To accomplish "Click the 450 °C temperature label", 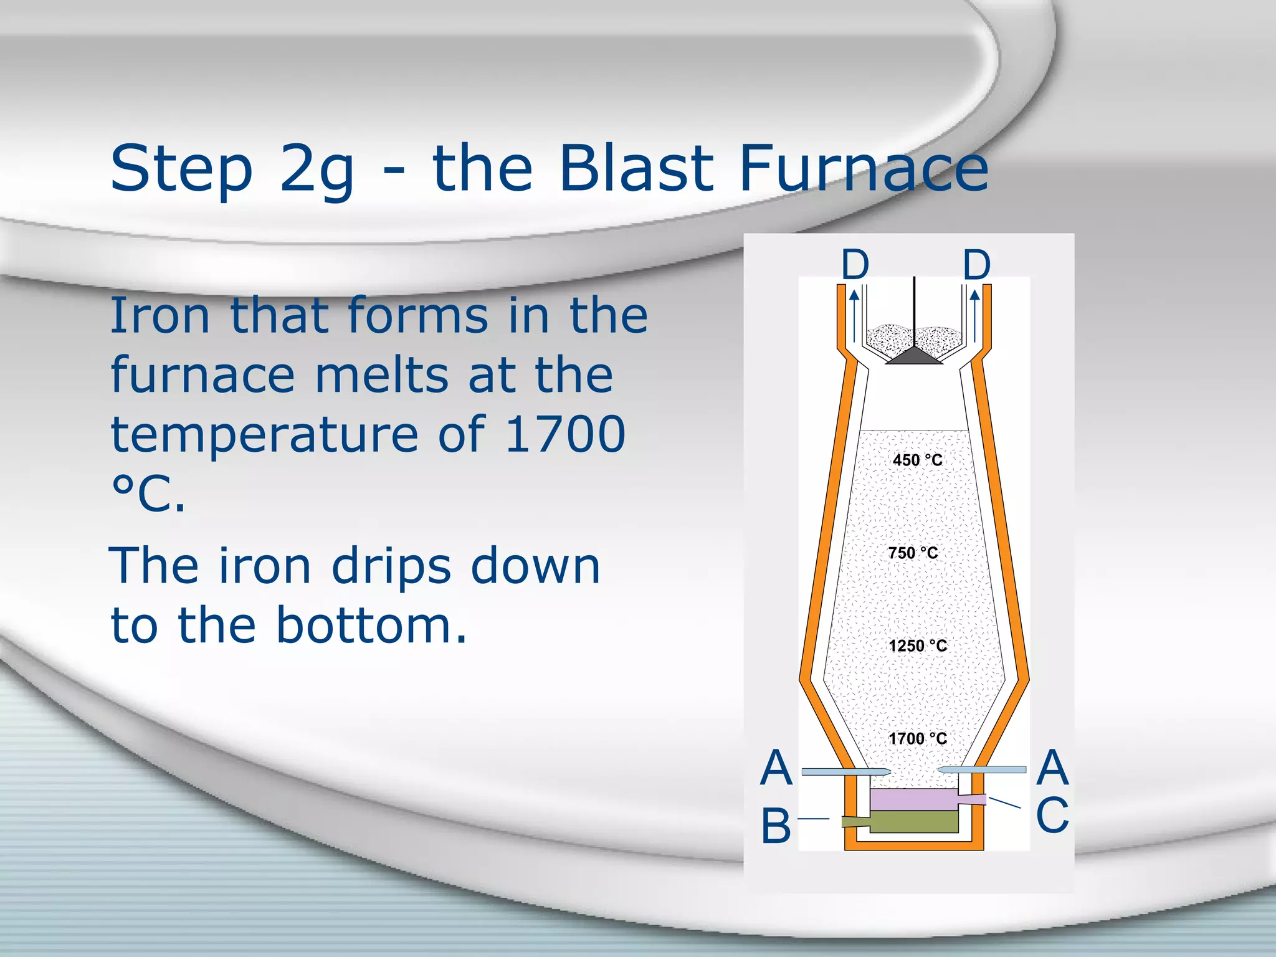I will coord(917,460).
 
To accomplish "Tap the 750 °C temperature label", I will coord(913,553).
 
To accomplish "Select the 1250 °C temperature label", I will coord(917,646).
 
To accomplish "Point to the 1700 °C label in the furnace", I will coord(917,739).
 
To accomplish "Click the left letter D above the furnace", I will coord(855,265).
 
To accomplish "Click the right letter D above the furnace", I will coord(976,265).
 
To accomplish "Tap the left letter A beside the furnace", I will coord(776,768).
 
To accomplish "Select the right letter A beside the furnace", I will coord(1053,768).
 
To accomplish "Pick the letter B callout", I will coord(776,826).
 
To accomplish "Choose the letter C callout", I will coord(1052,815).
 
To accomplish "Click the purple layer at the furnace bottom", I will coord(913,799).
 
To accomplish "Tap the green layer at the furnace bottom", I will coord(913,822).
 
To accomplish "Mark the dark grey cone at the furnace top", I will coord(914,356).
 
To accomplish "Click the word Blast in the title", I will coord(636,168).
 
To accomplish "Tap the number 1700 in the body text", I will coord(564,434).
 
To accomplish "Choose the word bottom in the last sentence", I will coord(371,625).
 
